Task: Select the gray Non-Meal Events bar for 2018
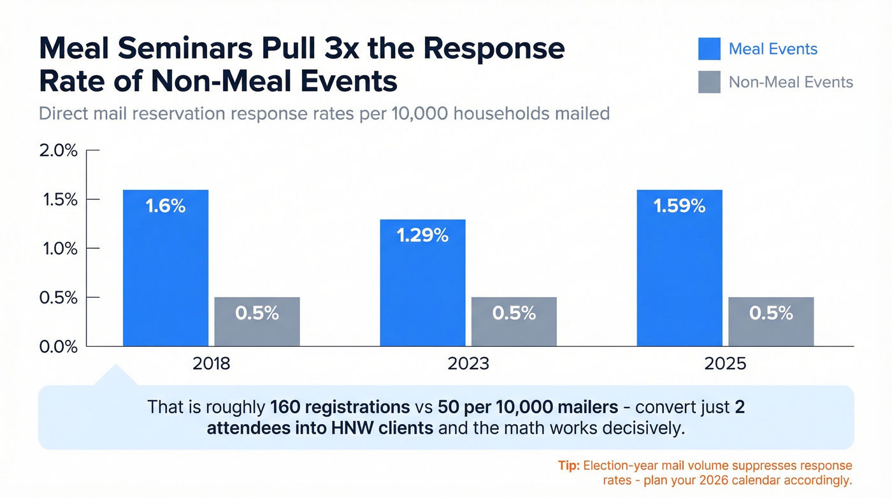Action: click(x=257, y=322)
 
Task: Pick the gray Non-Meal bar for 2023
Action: click(x=514, y=322)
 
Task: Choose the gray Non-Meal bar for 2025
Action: click(x=771, y=322)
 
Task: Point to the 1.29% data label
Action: click(x=422, y=235)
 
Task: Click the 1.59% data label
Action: click(x=679, y=206)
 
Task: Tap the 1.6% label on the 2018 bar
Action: click(x=165, y=206)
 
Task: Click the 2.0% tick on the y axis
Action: click(x=58, y=150)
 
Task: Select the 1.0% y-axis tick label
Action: click(x=58, y=249)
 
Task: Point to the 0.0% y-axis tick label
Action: click(x=58, y=347)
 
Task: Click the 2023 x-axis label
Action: click(x=468, y=364)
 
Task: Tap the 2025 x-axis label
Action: click(x=725, y=364)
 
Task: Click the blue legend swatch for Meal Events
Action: click(x=709, y=49)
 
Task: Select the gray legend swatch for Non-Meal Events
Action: click(x=709, y=82)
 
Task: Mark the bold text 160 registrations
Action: click(x=339, y=407)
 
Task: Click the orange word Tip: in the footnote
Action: click(x=568, y=465)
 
